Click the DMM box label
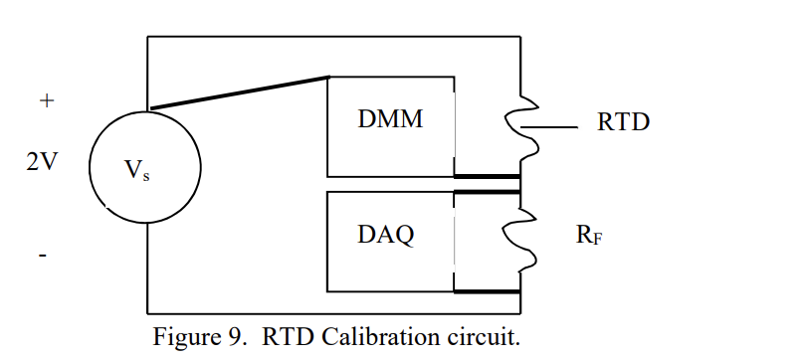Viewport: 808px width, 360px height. pyautogui.click(x=390, y=119)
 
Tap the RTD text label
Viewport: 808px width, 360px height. pyautogui.click(x=623, y=122)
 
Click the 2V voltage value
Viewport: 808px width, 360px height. pyautogui.click(x=41, y=162)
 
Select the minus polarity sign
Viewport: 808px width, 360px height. pyautogui.click(x=43, y=257)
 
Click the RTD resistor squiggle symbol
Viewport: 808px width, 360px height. pyautogui.click(x=521, y=127)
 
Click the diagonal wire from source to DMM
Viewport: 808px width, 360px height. pyautogui.click(x=239, y=92)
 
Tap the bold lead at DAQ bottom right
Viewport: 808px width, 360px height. pyautogui.click(x=488, y=292)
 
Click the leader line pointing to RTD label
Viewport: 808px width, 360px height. pyautogui.click(x=553, y=128)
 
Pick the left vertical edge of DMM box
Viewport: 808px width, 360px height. pyautogui.click(x=328, y=124)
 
